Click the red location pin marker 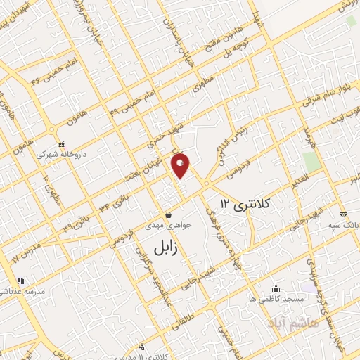coord(181,165)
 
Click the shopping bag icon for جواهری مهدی coord(168,215)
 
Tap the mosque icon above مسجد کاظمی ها coord(275,288)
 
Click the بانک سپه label coord(343,226)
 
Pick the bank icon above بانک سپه coord(342,215)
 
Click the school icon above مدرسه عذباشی coord(21,281)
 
